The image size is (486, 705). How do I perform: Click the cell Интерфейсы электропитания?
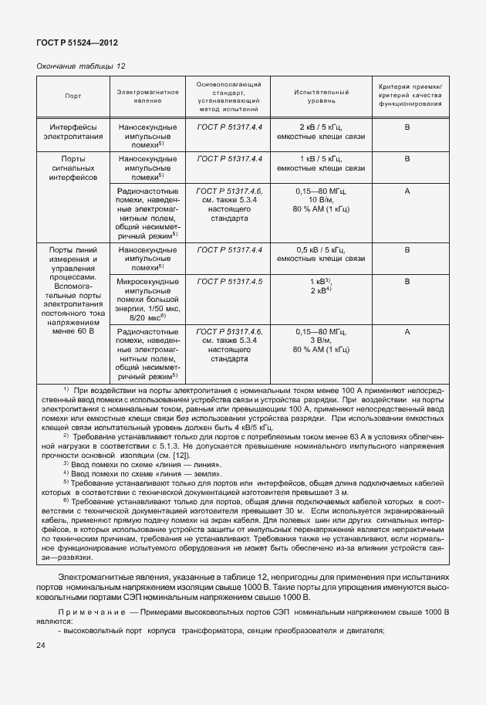(x=74, y=131)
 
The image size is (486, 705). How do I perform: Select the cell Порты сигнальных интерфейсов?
(x=74, y=167)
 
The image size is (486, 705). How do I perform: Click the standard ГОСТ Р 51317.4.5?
(x=229, y=282)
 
